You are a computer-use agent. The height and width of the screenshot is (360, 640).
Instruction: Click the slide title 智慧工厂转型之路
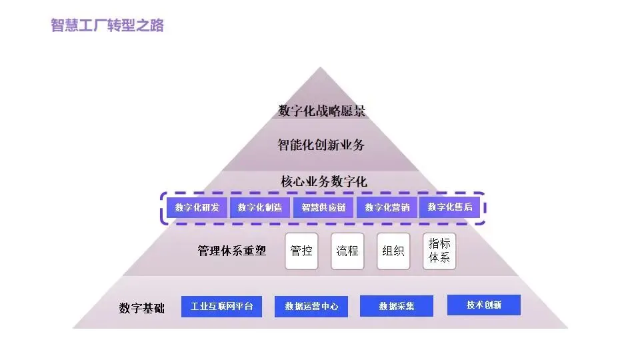pyautogui.click(x=107, y=26)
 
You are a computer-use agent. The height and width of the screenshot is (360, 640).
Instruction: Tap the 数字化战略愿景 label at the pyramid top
pyautogui.click(x=322, y=111)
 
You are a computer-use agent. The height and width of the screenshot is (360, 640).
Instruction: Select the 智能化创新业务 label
pyautogui.click(x=321, y=145)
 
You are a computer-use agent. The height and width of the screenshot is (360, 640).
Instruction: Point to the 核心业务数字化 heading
pyautogui.click(x=324, y=181)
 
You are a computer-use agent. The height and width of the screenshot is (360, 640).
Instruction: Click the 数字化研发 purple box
pyautogui.click(x=197, y=207)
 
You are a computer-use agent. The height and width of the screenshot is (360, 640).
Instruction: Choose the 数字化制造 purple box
pyautogui.click(x=260, y=207)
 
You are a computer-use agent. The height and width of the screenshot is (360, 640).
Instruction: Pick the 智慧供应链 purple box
pyautogui.click(x=323, y=207)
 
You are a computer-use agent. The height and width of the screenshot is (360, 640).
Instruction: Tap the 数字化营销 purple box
pyautogui.click(x=387, y=207)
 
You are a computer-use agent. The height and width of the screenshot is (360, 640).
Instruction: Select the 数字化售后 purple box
pyautogui.click(x=450, y=207)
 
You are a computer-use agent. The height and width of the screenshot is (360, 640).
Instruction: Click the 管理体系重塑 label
pyautogui.click(x=232, y=251)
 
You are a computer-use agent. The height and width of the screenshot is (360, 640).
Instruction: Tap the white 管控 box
pyautogui.click(x=301, y=251)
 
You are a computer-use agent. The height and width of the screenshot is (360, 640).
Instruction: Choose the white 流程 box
pyautogui.click(x=347, y=251)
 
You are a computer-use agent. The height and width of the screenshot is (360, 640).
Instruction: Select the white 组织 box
pyautogui.click(x=393, y=251)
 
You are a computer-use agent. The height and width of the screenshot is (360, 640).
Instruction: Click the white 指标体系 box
pyautogui.click(x=439, y=251)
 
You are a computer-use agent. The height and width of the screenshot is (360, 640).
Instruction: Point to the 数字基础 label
pyautogui.click(x=142, y=308)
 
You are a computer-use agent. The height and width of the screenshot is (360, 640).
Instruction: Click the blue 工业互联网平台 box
pyautogui.click(x=222, y=307)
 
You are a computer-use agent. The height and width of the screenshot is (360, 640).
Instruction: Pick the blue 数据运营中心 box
pyautogui.click(x=311, y=307)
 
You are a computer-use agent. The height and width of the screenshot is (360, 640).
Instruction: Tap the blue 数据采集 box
pyautogui.click(x=397, y=306)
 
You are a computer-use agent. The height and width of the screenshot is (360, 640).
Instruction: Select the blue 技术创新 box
pyautogui.click(x=484, y=305)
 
